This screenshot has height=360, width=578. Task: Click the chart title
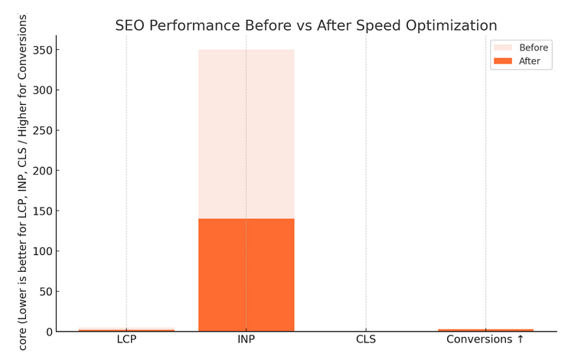pyautogui.click(x=305, y=25)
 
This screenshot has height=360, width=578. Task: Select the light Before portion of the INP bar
pyautogui.click(x=246, y=134)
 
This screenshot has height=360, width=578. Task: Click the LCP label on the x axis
pyautogui.click(x=126, y=339)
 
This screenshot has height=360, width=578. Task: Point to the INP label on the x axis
pyautogui.click(x=246, y=339)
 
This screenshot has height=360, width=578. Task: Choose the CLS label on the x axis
pyautogui.click(x=366, y=339)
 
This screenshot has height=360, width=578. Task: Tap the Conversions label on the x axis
pyautogui.click(x=485, y=339)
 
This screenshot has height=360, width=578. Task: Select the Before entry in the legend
pyautogui.click(x=534, y=47)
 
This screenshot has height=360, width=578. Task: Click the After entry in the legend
pyautogui.click(x=530, y=61)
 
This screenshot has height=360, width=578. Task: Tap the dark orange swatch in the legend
pyautogui.click(x=502, y=61)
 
